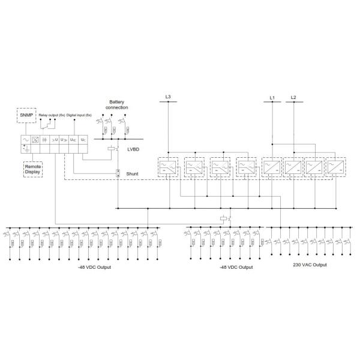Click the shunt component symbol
point(118,174)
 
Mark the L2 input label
point(293,97)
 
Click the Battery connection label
point(118,104)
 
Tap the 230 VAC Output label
point(310,265)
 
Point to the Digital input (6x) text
point(79,114)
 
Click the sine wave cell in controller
point(26,140)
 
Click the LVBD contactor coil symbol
point(112,148)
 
